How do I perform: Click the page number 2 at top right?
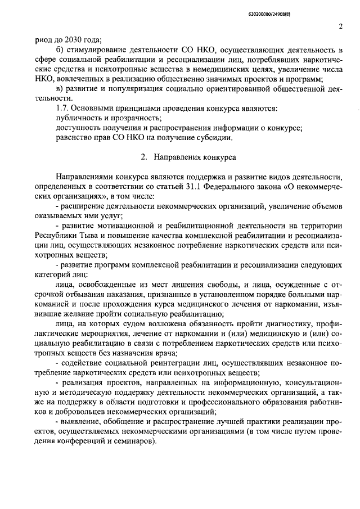341,25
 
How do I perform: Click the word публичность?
80,118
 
